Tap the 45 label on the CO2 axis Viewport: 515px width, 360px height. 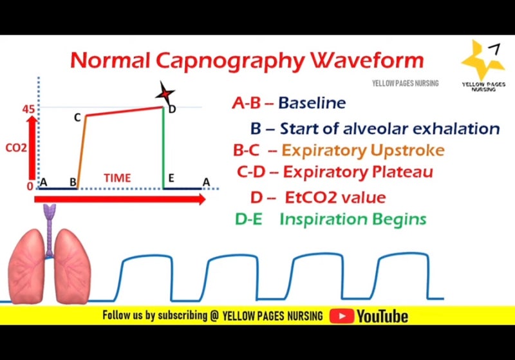(x=28, y=109)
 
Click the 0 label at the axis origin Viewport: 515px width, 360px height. (x=30, y=186)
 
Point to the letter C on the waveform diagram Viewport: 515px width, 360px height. (x=77, y=117)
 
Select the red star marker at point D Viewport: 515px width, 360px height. (x=166, y=94)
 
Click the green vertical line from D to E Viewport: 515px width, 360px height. (x=164, y=148)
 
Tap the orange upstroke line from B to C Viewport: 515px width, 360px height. (x=81, y=152)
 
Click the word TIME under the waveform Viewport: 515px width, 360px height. (x=117, y=178)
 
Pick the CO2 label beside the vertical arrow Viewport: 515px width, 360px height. (x=16, y=147)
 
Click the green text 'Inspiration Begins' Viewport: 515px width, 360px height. (x=353, y=219)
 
